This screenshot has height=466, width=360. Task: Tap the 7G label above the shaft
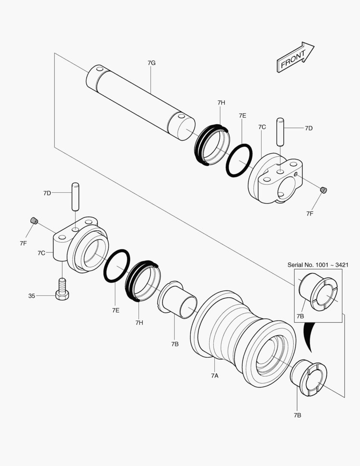click(x=151, y=63)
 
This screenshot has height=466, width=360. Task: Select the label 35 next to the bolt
click(x=31, y=296)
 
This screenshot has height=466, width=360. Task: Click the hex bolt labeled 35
click(x=62, y=290)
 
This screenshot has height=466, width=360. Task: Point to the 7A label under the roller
click(x=215, y=375)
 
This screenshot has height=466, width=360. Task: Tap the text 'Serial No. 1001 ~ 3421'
click(x=318, y=264)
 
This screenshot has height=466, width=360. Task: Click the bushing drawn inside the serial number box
click(x=318, y=293)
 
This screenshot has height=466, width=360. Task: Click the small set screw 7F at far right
click(x=324, y=190)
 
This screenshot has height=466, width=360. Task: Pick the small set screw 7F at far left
click(x=33, y=221)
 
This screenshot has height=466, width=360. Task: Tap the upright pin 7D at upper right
click(x=280, y=132)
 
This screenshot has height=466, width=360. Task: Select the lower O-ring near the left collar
click(x=116, y=266)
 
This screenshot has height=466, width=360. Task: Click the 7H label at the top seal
click(x=221, y=102)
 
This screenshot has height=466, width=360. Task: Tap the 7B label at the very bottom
click(x=297, y=415)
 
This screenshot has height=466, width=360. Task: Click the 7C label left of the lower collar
click(x=41, y=253)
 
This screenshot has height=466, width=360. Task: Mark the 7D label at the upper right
click(x=309, y=128)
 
